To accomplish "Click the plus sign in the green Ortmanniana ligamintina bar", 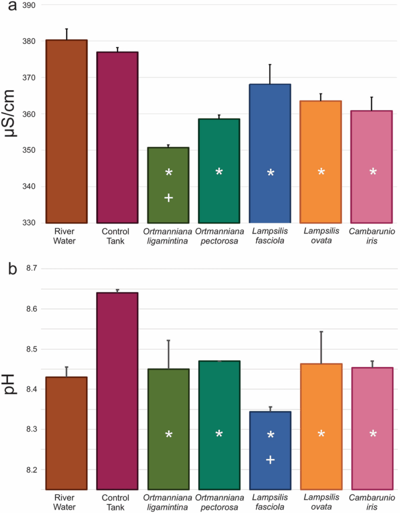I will click(x=168, y=198).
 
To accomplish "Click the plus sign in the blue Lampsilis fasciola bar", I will click(x=270, y=459).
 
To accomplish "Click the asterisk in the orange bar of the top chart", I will click(x=321, y=173).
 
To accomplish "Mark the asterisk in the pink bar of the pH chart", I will click(x=373, y=434).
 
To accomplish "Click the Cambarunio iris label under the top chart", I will click(x=372, y=236).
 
